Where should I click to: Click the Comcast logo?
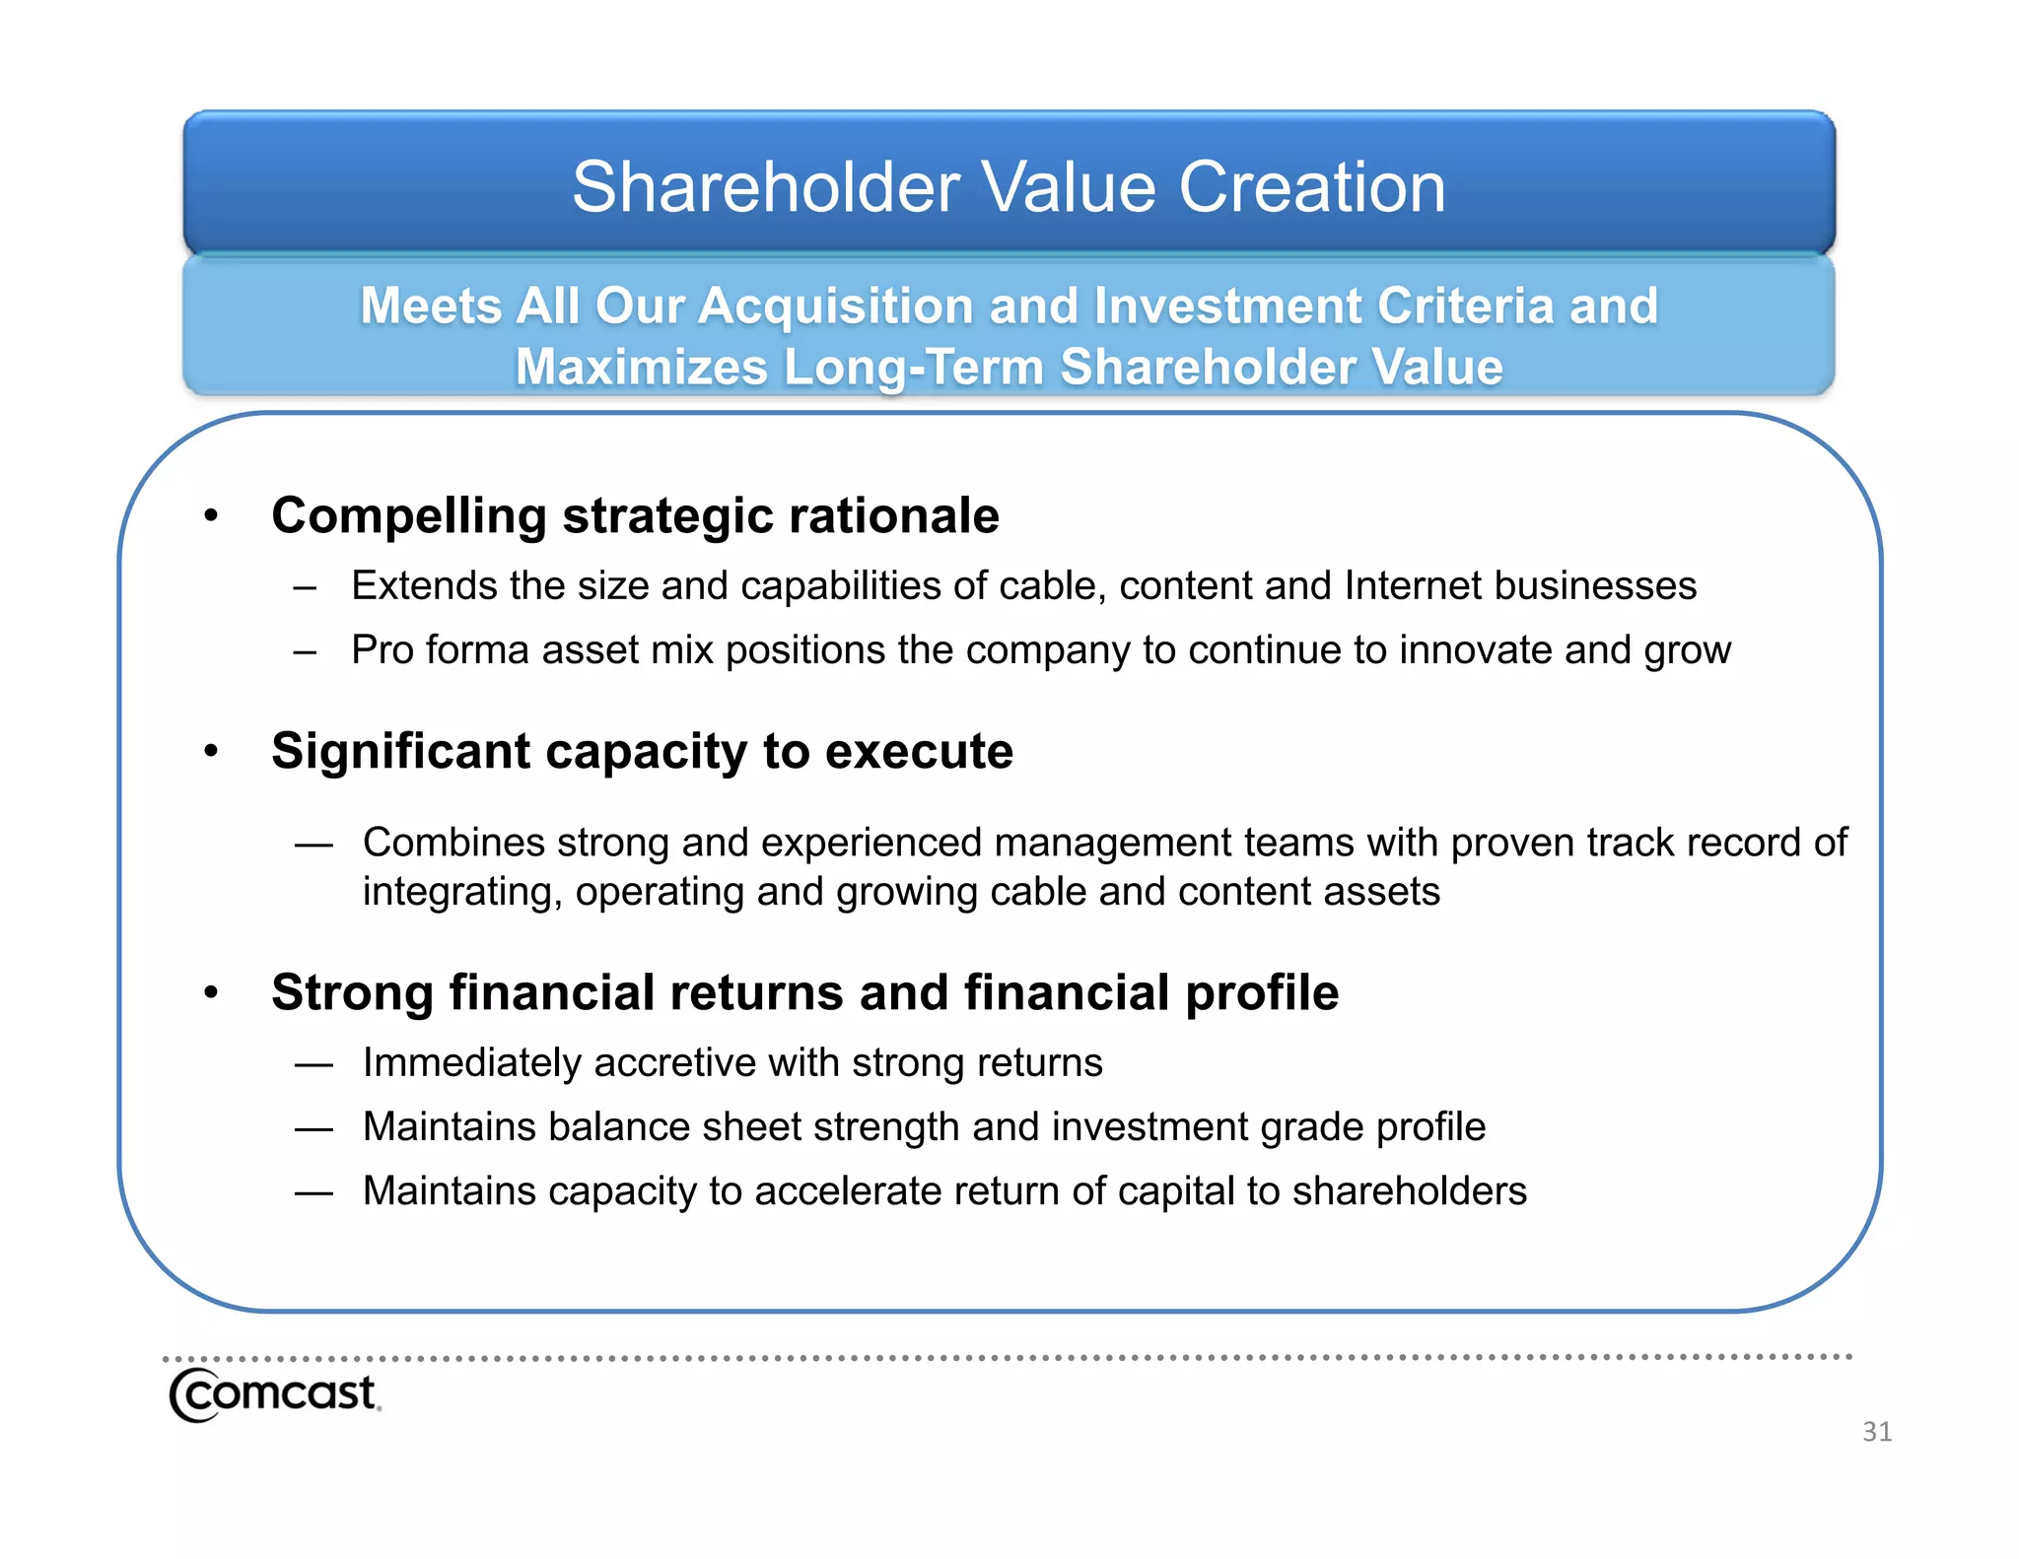(274, 1394)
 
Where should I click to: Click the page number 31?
(1876, 1431)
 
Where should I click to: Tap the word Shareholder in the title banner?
(766, 187)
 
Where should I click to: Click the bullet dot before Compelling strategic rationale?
(210, 516)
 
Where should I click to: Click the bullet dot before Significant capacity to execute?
(210, 752)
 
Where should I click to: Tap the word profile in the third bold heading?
(1261, 992)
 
